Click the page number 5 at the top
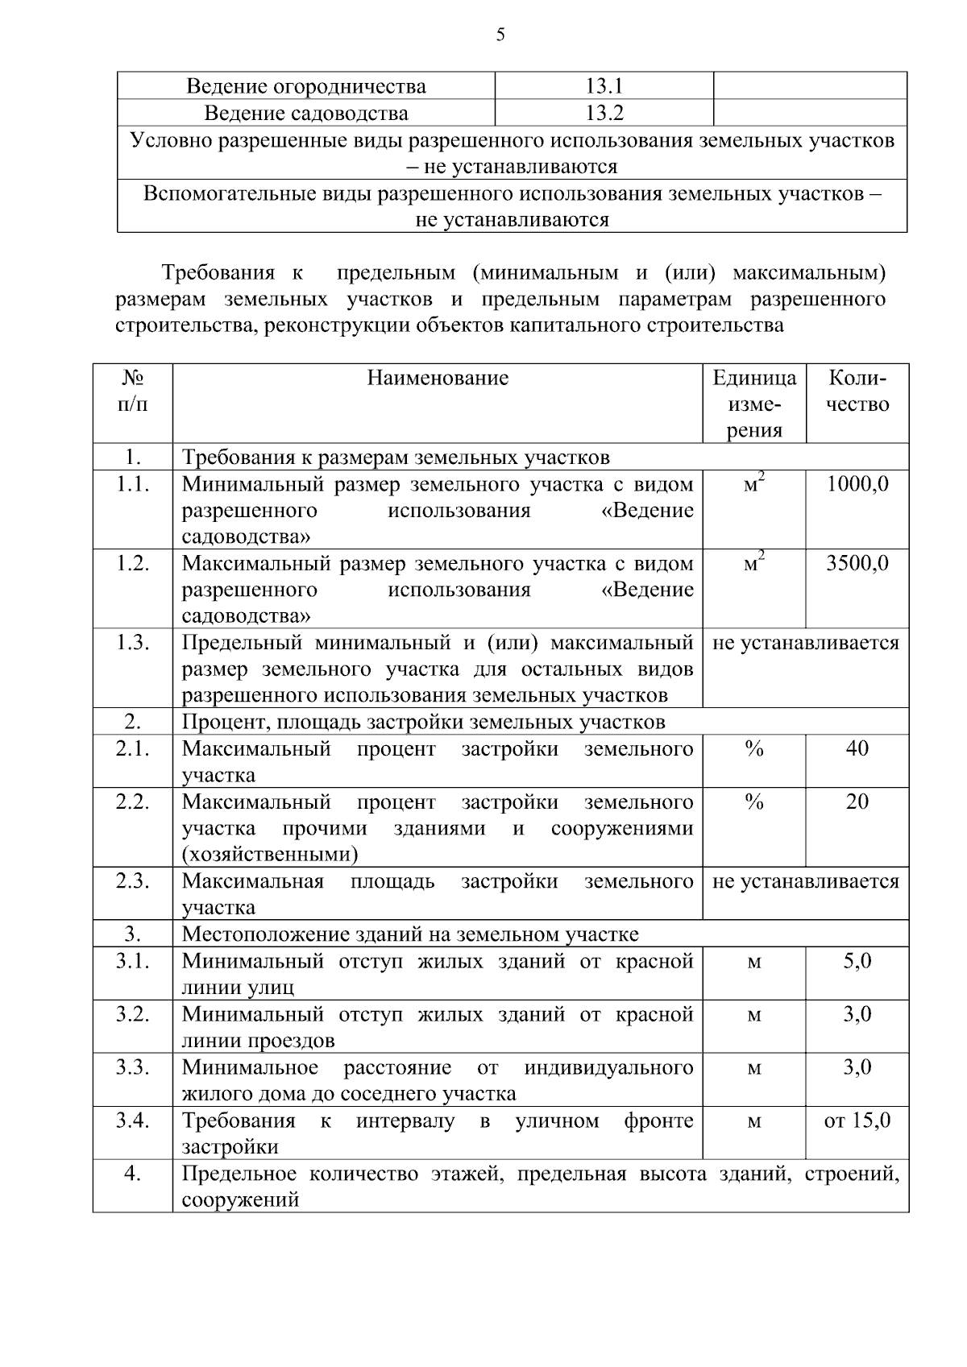[x=500, y=35]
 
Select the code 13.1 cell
[x=604, y=86]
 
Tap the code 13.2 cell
[x=604, y=113]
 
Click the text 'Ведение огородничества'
[x=306, y=86]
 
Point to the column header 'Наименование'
[x=438, y=378]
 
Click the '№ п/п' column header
[x=133, y=391]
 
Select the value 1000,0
[x=857, y=484]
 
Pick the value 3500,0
[x=857, y=563]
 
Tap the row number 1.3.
[x=133, y=643]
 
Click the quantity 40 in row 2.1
[x=857, y=748]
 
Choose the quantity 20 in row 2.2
[x=857, y=802]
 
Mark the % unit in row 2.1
[x=754, y=748]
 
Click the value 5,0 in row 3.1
[x=857, y=961]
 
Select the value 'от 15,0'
[x=857, y=1121]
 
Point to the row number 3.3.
[x=133, y=1067]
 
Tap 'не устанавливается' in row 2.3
[x=806, y=881]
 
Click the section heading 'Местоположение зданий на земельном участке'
[x=410, y=934]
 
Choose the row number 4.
[x=133, y=1174]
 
